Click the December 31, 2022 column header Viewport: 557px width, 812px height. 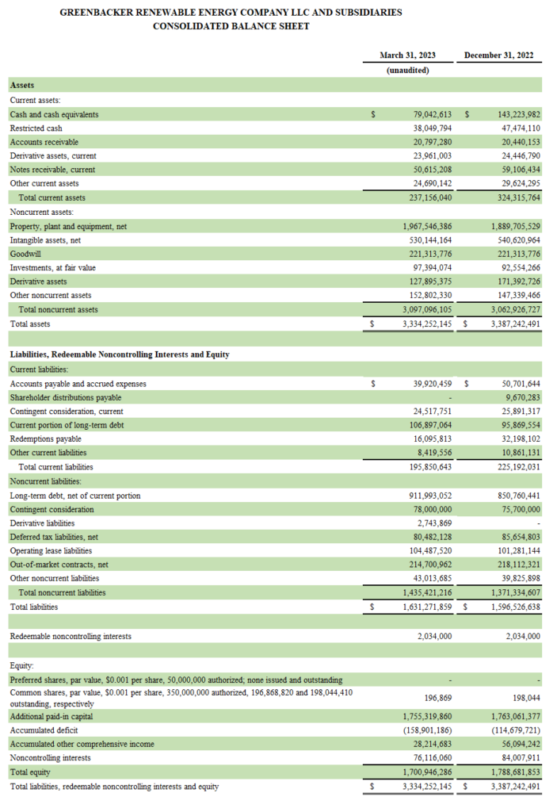click(x=498, y=56)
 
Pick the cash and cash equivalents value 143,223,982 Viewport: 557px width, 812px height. click(x=509, y=115)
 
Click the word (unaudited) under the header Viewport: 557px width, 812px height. click(x=407, y=71)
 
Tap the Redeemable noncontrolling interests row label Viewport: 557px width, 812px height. click(x=71, y=636)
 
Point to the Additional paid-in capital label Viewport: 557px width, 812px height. click(x=55, y=716)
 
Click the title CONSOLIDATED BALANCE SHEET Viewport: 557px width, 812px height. click(x=231, y=26)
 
